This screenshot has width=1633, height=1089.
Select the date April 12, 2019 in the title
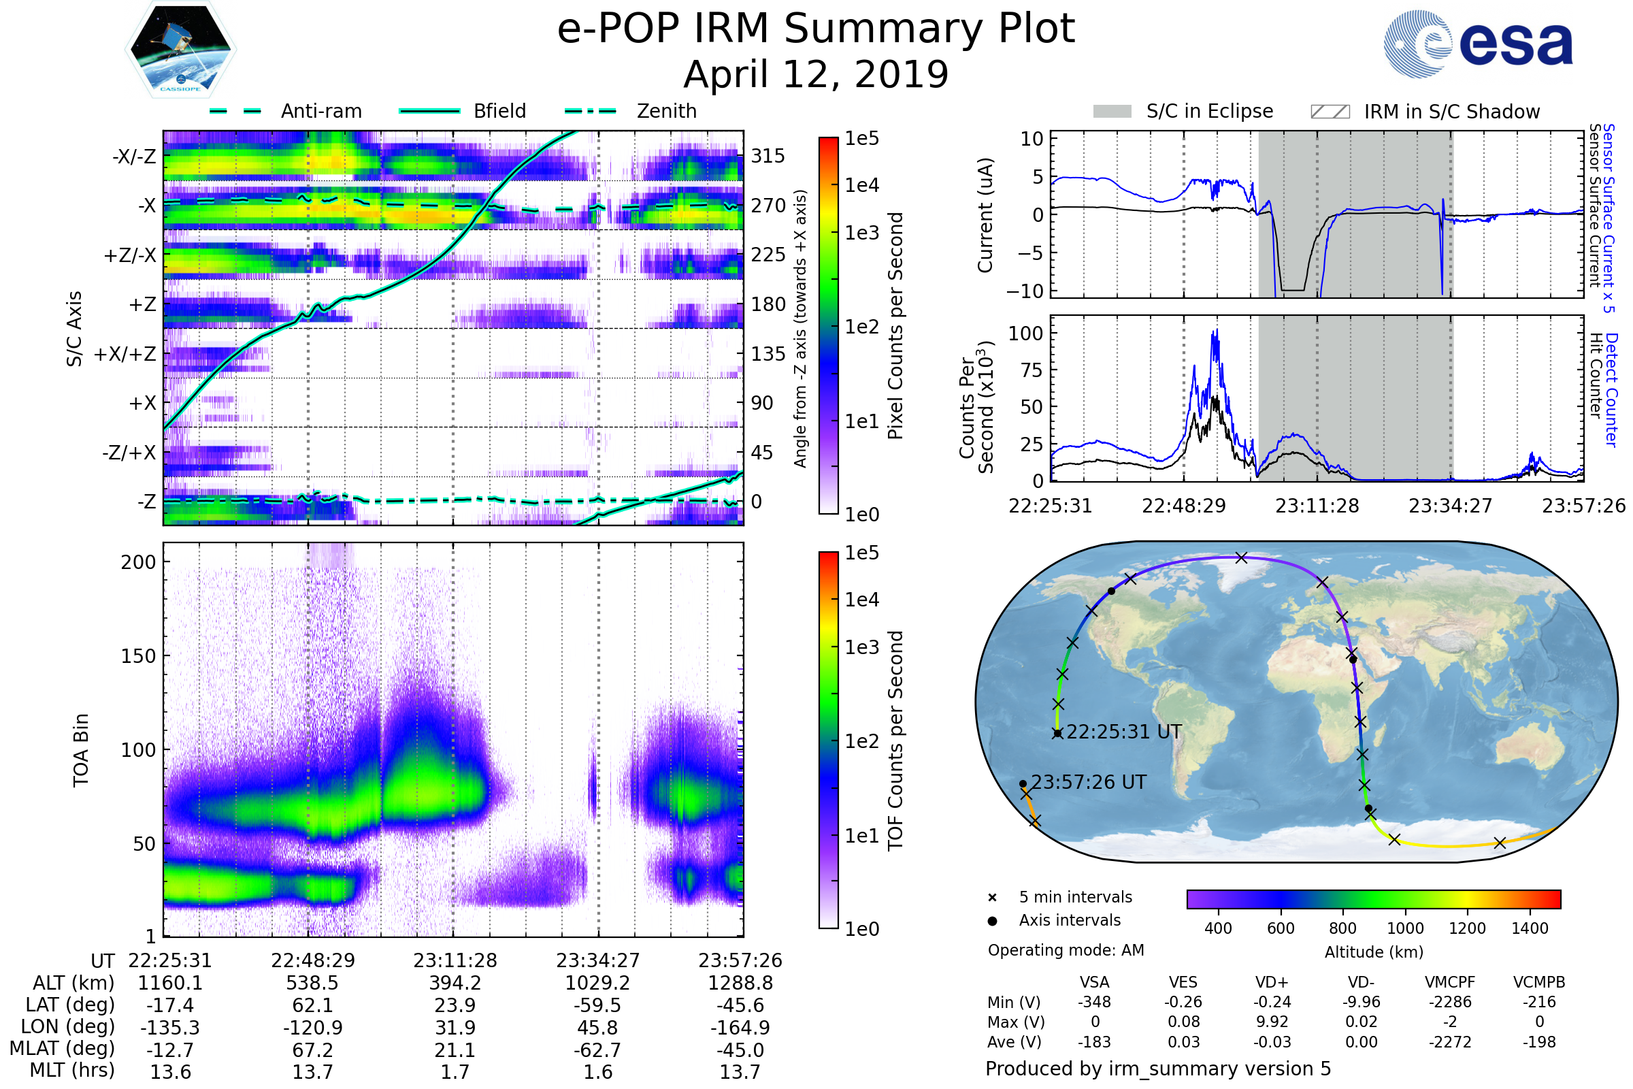(x=816, y=74)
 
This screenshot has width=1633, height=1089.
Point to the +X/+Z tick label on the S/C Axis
(x=125, y=354)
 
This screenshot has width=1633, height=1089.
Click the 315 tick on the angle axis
(x=768, y=156)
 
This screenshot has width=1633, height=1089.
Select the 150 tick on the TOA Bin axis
(x=138, y=655)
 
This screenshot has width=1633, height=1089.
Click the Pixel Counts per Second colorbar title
(x=895, y=326)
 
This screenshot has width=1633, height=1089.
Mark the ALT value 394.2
(x=455, y=983)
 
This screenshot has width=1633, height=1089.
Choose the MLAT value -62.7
(x=597, y=1050)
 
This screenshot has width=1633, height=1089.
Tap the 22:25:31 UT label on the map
(x=1123, y=732)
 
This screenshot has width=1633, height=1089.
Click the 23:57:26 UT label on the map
(x=1088, y=782)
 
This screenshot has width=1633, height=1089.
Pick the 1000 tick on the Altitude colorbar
(x=1404, y=928)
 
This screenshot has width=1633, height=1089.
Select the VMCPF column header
(x=1450, y=982)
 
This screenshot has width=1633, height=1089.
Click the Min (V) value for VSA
(x=1094, y=1002)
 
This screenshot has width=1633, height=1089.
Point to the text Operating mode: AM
(x=1066, y=950)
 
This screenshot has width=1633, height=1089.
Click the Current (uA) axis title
(x=985, y=214)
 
